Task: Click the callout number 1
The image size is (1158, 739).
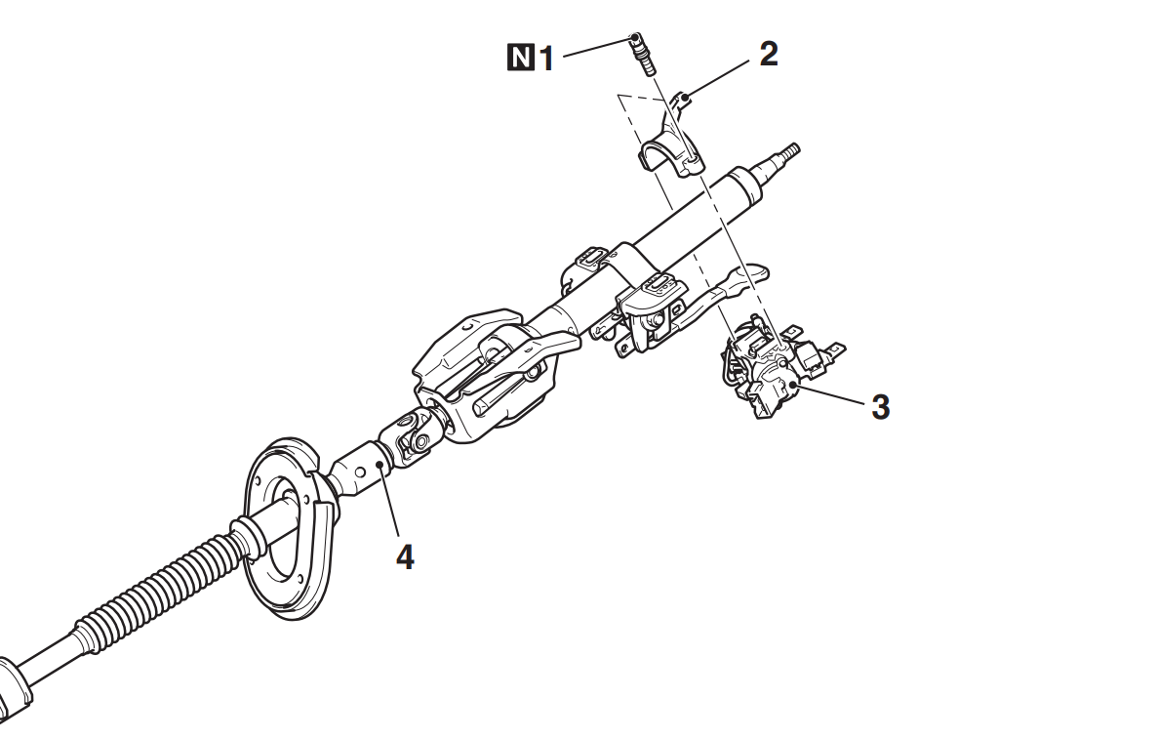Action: click(546, 59)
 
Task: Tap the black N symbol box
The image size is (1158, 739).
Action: click(521, 58)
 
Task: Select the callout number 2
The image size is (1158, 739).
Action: click(769, 54)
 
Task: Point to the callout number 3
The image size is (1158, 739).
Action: click(880, 407)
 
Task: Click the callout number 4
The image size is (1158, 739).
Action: click(405, 557)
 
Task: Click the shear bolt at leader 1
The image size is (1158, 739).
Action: click(643, 54)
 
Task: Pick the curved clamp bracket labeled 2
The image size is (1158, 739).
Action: click(669, 141)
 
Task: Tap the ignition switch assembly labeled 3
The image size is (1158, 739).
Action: click(779, 366)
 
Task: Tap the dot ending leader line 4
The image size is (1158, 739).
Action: click(379, 465)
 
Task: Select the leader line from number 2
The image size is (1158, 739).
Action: click(717, 78)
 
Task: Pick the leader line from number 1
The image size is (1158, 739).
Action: click(600, 46)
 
